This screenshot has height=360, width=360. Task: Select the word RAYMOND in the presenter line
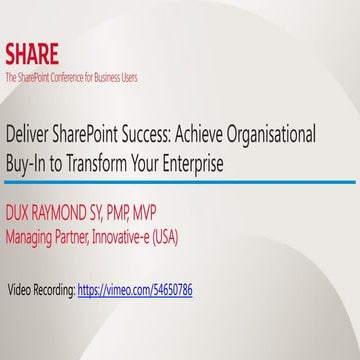(x=72, y=215)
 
